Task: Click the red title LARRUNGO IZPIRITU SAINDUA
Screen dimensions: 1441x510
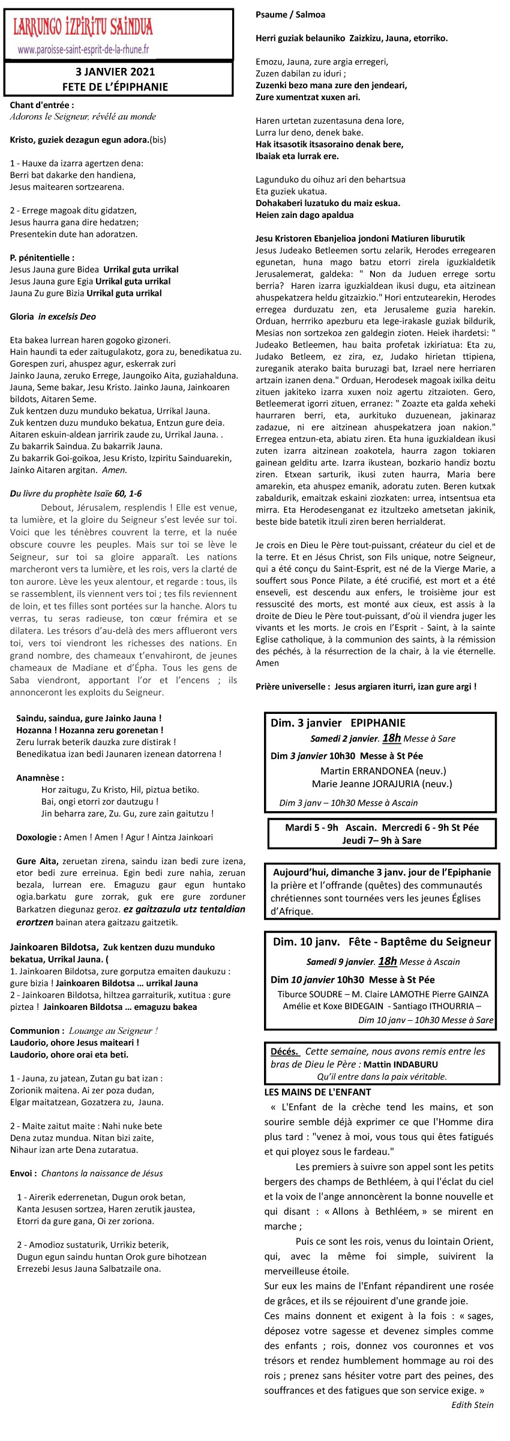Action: coord(83,28)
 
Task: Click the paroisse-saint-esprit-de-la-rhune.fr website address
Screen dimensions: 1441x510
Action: coord(83,50)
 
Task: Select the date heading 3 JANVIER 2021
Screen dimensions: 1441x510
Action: coord(115,72)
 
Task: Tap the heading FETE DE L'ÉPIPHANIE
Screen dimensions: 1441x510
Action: coord(115,86)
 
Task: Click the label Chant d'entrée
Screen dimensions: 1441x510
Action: coord(42,105)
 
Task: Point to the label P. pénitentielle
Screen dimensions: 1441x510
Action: coord(42,258)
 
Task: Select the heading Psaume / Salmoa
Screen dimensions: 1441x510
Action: coord(290,14)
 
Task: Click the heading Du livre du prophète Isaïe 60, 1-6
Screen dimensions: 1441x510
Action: coord(76,494)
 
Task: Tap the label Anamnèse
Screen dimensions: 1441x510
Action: coord(40,778)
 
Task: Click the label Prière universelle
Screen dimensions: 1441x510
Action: coord(292,686)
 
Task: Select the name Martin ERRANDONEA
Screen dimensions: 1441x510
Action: coord(367,770)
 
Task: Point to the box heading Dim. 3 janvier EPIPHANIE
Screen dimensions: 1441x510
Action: coord(338,723)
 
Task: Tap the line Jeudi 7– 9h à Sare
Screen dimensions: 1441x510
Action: coord(382,840)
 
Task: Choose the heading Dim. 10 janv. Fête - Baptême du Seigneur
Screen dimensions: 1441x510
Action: coord(382,941)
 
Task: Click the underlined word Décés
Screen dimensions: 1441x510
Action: coord(285,1051)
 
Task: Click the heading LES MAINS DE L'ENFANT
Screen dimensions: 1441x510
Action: coord(317,1092)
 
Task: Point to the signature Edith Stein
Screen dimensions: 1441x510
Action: coord(472,1404)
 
